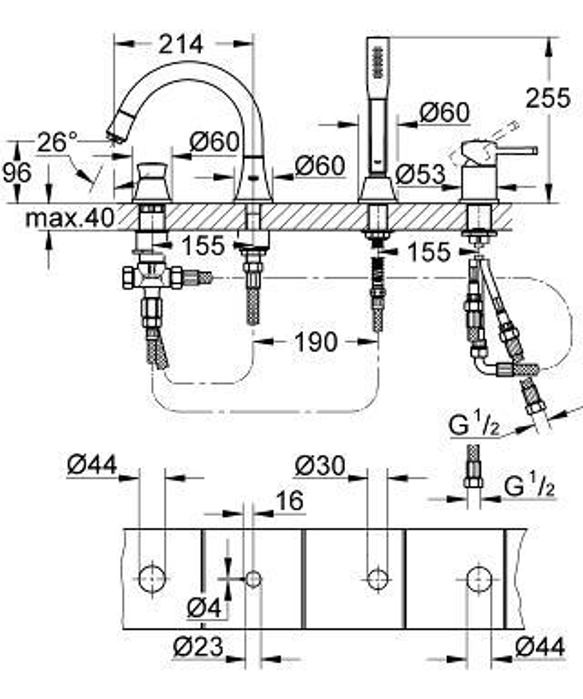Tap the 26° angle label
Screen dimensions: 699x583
[x=58, y=142]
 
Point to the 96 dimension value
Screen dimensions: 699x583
[x=17, y=173]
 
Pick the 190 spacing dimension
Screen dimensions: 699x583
[x=315, y=342]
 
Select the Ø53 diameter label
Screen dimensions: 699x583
[x=420, y=174]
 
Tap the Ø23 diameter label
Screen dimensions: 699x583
[x=199, y=647]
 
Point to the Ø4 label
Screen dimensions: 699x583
[x=205, y=609]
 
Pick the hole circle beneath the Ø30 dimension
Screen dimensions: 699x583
[x=378, y=578]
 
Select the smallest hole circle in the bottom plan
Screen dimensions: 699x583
[x=253, y=579]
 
